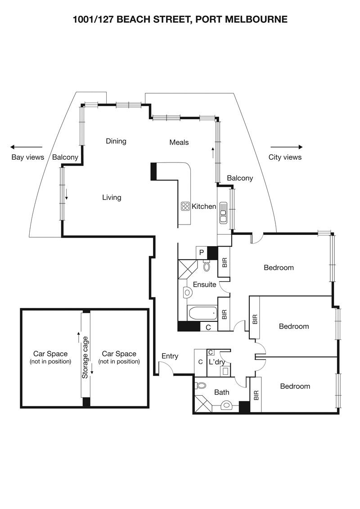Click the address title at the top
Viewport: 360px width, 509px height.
[180, 19]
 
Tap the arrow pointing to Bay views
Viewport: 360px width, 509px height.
[26, 147]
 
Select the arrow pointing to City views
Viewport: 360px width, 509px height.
[287, 147]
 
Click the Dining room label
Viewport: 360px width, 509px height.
[116, 141]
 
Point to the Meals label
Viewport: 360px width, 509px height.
[179, 142]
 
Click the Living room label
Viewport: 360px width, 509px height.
[112, 197]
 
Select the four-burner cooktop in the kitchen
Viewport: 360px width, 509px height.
[185, 206]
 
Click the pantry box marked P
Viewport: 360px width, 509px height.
[201, 253]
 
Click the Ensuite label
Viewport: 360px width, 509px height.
[204, 284]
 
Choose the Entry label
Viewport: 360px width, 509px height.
[170, 356]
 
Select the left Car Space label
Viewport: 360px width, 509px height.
[50, 354]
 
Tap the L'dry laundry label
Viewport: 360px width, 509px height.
[216, 362]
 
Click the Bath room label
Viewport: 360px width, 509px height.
[221, 392]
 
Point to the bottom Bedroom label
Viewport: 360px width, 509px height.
[295, 386]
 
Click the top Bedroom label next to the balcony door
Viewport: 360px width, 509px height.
[279, 267]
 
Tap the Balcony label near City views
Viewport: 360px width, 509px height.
[240, 178]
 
